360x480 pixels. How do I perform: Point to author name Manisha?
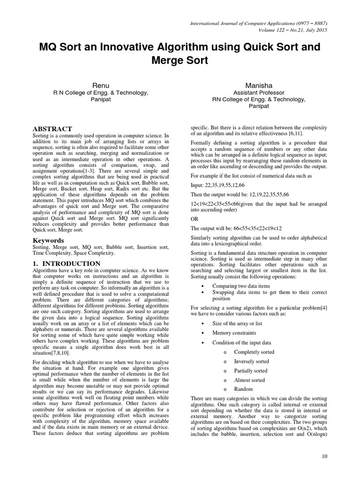pos(259,85)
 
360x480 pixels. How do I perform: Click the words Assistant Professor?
pos(259,93)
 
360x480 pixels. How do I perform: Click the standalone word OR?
pos(194,219)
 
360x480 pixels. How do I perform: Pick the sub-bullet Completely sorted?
pos(254,352)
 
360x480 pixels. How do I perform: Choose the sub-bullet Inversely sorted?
pos(251,361)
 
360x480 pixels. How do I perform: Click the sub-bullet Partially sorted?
pos(250,371)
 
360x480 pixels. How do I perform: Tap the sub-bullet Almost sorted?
pos(249,380)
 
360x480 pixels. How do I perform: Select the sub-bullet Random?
pos(243,389)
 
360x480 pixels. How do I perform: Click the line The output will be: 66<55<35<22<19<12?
pos(236,228)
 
